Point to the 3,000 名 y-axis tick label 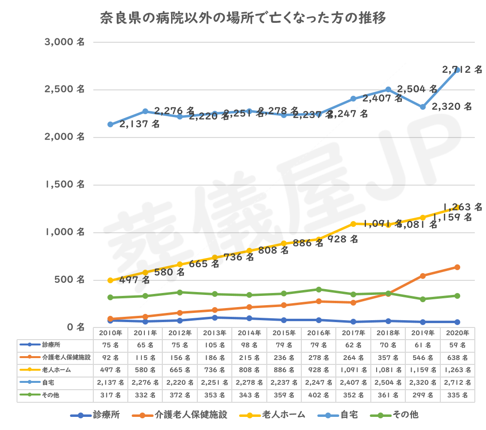(x=65, y=42)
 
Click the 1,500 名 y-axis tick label (x=65, y=185)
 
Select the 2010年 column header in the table (x=110, y=333)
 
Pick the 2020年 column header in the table (x=457, y=333)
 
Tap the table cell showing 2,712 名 (x=457, y=383)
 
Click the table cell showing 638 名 (x=457, y=358)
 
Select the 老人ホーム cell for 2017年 (x=353, y=370)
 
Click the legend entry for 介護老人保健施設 (x=184, y=415)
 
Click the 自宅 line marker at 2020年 (x=457, y=70)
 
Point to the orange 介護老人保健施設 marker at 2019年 (x=423, y=275)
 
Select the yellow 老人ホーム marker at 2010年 (x=110, y=280)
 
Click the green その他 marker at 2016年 (x=318, y=289)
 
